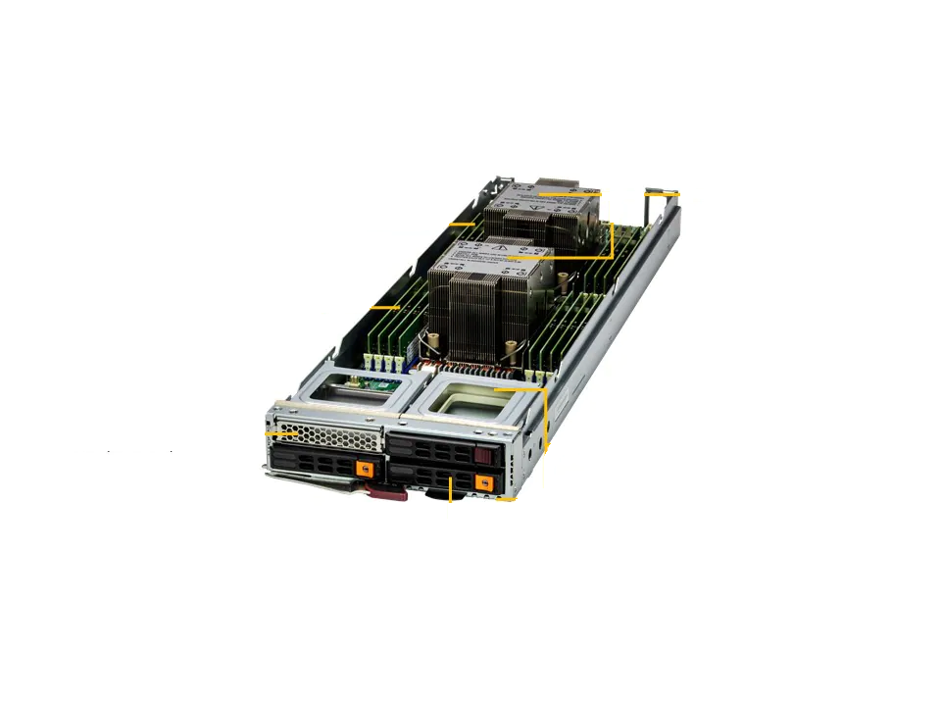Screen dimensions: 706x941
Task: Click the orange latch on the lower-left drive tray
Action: coord(366,469)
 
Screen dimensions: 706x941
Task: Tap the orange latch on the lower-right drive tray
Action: coord(481,483)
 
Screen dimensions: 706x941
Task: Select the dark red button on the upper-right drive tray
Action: coord(480,455)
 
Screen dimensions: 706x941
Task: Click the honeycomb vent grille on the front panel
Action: coord(328,430)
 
